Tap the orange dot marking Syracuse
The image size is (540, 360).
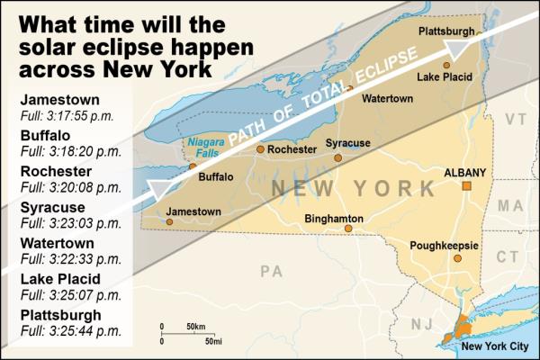coord(337,157)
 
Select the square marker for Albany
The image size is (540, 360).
coord(466,186)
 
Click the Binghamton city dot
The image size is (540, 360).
coord(348,229)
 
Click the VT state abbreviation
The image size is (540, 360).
coord(515,119)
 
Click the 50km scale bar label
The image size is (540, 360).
coord(197,325)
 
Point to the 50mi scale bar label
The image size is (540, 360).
coord(212,341)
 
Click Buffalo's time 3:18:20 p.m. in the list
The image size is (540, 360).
coord(68,154)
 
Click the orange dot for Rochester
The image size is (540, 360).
coord(260,149)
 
